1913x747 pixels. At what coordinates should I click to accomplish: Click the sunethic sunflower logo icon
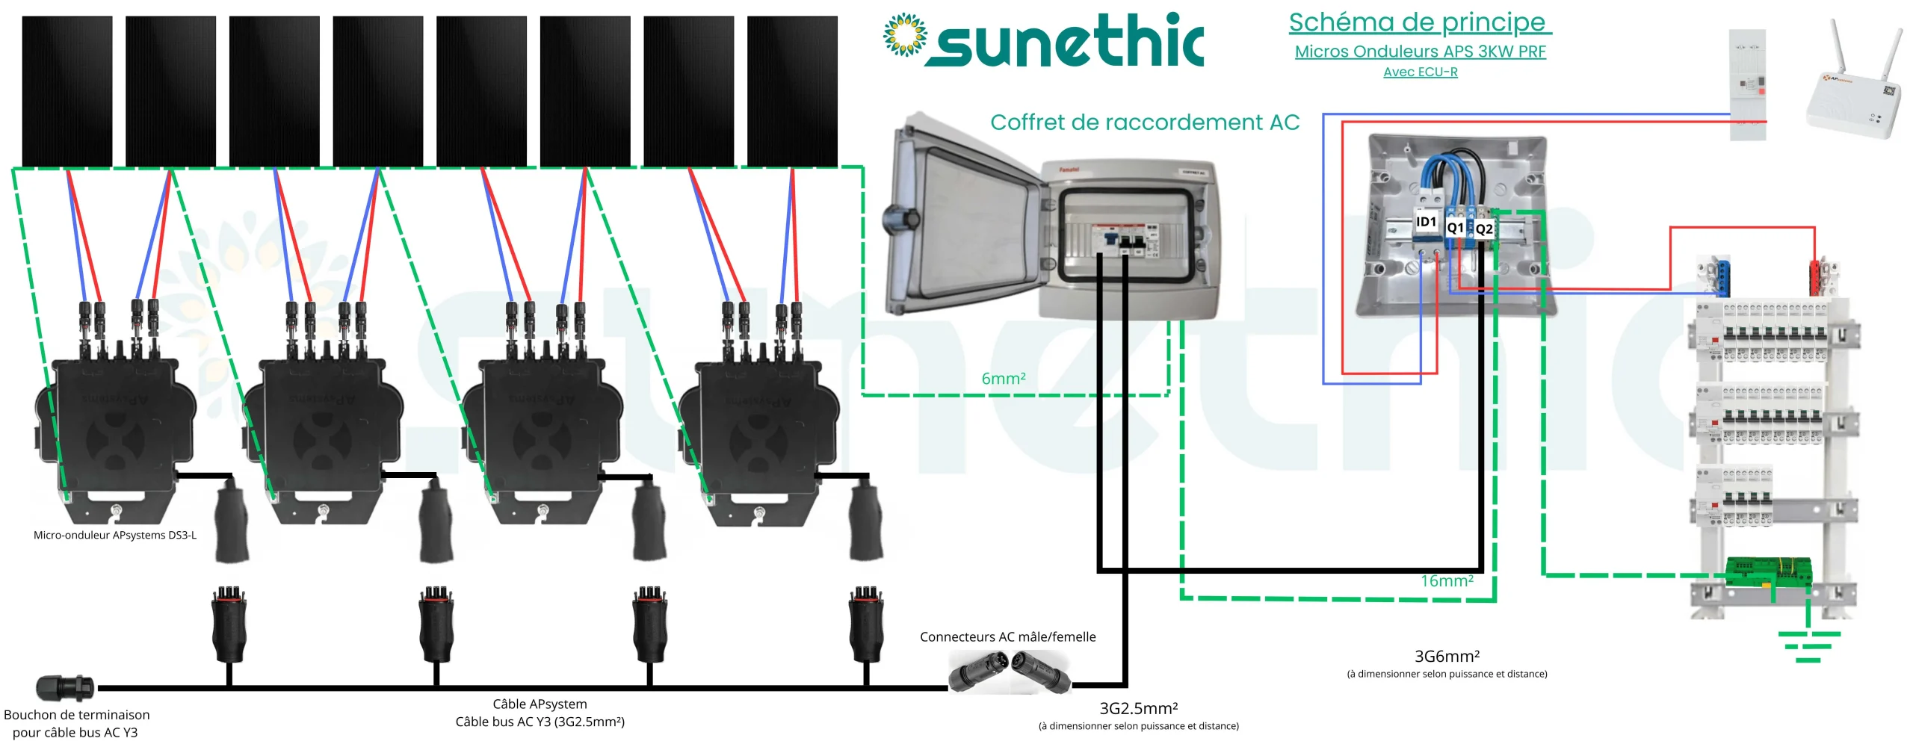[904, 35]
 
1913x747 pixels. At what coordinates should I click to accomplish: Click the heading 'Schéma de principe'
[1419, 22]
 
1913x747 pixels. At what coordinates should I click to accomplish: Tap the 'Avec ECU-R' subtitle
[1420, 72]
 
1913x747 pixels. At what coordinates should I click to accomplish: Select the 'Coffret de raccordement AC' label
[1144, 123]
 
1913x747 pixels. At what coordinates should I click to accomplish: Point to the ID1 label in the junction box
[1426, 222]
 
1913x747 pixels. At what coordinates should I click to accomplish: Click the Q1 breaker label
[1455, 227]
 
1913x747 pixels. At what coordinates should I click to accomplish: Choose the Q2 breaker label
[1484, 229]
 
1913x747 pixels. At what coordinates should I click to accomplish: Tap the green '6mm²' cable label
[1003, 379]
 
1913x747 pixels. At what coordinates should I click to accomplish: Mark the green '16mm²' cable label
[1447, 581]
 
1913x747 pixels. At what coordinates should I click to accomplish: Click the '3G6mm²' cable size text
[1447, 657]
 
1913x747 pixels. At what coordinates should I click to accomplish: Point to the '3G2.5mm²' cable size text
[1138, 708]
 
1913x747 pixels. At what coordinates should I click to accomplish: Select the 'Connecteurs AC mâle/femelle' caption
[1007, 637]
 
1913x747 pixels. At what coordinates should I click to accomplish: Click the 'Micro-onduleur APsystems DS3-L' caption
[115, 536]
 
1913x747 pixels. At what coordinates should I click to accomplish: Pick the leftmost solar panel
[67, 91]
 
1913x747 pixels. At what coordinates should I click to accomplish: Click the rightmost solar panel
[792, 91]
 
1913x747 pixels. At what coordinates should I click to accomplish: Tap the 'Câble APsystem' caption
[540, 704]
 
